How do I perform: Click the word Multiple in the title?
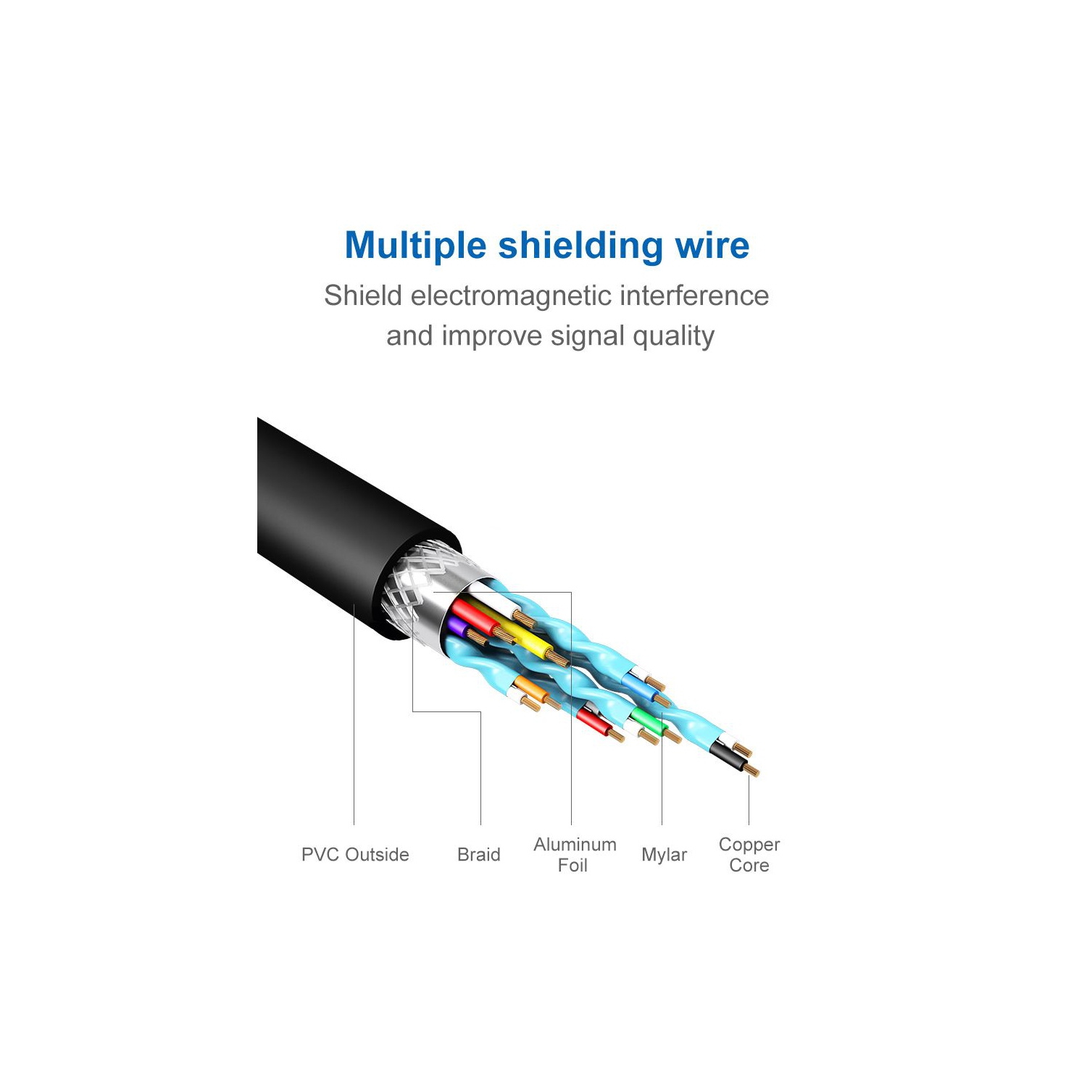tap(415, 246)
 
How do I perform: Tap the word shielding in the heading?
tap(580, 246)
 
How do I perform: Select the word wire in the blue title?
tap(712, 246)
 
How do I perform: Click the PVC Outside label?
tap(355, 855)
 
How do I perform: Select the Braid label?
tap(479, 855)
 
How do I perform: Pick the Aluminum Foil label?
tap(575, 855)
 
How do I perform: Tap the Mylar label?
tap(664, 855)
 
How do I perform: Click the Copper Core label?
tap(749, 855)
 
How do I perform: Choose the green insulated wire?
tap(647, 722)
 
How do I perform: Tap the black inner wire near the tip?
tap(727, 756)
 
